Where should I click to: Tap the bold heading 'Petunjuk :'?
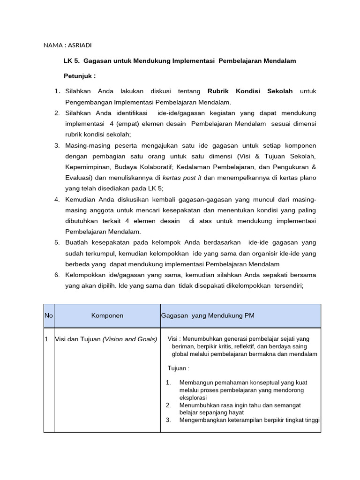[x=80, y=76]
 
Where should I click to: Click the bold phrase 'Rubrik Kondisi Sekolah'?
[x=247, y=91]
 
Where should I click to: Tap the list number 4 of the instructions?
[x=56, y=199]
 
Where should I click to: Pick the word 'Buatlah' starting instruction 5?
[x=77, y=242]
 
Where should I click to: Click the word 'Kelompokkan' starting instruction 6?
[x=85, y=275]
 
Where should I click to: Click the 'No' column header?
[x=49, y=315]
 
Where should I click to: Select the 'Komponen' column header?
[x=107, y=315]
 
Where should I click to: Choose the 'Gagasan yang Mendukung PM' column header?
[x=208, y=315]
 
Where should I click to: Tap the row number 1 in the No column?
[x=47, y=339]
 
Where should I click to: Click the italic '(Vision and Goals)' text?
[x=130, y=339]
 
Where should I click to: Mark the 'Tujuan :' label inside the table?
[x=179, y=368]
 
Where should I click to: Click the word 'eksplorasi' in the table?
[x=193, y=397]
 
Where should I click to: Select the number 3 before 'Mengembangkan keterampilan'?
[x=168, y=420]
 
